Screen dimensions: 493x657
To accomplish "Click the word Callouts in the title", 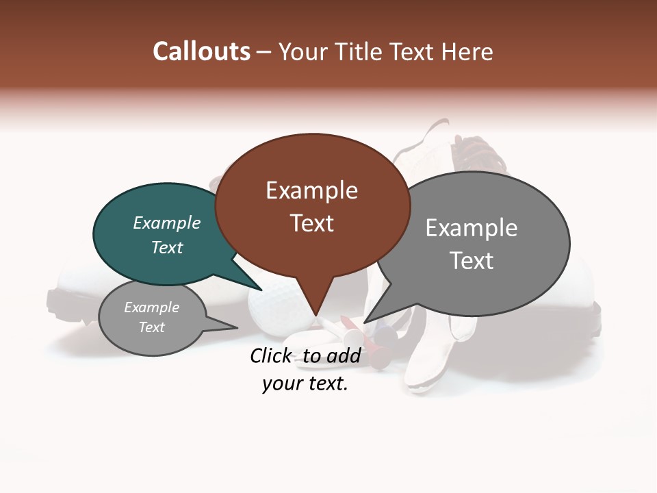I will pyautogui.click(x=201, y=51).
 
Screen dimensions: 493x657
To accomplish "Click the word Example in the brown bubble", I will pyautogui.click(x=311, y=190).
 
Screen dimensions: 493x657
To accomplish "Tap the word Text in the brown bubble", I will pyautogui.click(x=311, y=223).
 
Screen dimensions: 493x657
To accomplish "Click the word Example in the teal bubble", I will pyautogui.click(x=166, y=223).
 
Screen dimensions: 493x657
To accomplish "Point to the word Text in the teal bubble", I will pyautogui.click(x=166, y=247).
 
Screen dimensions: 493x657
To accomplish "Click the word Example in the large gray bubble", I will pyautogui.click(x=471, y=228).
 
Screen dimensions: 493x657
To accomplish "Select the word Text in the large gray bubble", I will pyautogui.click(x=471, y=260).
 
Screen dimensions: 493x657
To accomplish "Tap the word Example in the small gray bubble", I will pyautogui.click(x=151, y=307).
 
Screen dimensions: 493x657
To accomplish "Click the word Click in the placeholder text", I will pyautogui.click(x=272, y=355).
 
